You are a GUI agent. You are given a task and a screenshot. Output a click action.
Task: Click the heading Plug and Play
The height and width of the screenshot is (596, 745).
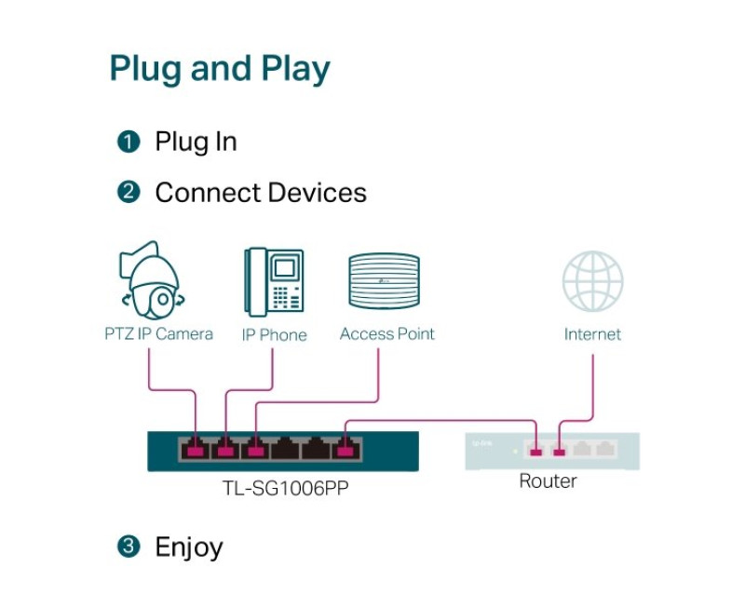[220, 70]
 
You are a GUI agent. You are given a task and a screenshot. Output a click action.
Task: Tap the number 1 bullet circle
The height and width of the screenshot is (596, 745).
[129, 142]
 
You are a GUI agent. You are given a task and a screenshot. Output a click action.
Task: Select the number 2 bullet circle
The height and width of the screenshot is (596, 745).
[129, 193]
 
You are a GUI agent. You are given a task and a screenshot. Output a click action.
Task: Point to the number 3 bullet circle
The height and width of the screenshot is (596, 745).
[129, 547]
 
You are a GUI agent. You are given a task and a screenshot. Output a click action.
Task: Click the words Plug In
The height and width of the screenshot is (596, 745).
[196, 142]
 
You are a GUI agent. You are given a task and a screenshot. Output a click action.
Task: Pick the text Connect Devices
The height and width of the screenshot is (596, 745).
[261, 193]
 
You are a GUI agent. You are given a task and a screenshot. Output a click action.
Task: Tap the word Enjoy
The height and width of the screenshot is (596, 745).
[189, 547]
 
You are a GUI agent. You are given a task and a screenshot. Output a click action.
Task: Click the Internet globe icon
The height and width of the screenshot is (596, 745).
[592, 281]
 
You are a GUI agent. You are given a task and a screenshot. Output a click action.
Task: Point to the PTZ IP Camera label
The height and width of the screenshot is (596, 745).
[158, 333]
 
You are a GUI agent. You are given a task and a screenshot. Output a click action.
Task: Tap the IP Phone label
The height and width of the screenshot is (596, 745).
[274, 334]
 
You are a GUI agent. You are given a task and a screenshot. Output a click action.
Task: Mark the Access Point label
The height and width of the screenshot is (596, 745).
[387, 333]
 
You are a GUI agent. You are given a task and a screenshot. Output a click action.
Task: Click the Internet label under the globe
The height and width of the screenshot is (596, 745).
[592, 333]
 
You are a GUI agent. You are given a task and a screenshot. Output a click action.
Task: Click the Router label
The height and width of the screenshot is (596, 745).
[548, 481]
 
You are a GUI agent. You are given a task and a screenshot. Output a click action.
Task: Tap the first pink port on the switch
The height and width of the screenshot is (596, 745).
[196, 450]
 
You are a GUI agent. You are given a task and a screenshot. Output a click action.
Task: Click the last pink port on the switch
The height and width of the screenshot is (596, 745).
[345, 450]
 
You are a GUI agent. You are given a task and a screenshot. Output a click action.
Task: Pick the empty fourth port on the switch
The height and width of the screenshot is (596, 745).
[285, 450]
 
